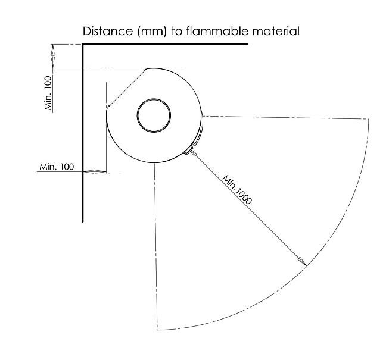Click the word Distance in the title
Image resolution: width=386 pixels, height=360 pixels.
point(108,31)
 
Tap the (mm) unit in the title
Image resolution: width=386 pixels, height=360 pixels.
point(152,32)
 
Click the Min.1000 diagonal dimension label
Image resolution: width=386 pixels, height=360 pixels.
point(237,190)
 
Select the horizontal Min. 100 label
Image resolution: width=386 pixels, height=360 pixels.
point(57,167)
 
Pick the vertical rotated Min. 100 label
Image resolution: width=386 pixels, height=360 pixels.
point(48,93)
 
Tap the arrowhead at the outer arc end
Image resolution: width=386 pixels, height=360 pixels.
point(301,261)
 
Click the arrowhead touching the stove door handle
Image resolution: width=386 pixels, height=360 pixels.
point(194,153)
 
